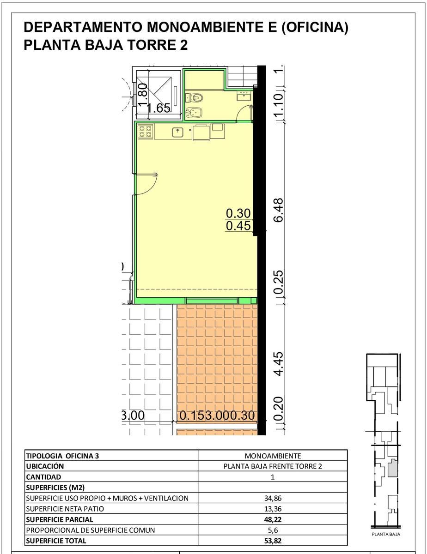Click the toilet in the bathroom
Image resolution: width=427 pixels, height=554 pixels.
click(194, 97)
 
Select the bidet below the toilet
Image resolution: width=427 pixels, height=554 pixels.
click(195, 112)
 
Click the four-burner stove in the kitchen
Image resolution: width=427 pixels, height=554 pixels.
click(146, 132)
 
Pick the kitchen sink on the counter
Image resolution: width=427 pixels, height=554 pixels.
click(177, 132)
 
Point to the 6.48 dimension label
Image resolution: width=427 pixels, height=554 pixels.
click(278, 210)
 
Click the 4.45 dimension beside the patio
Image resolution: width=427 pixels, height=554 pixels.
click(278, 364)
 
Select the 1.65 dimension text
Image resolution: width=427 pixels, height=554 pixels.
click(159, 108)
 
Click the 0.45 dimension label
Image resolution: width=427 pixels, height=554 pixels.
click(238, 226)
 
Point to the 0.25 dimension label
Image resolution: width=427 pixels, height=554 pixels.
click(278, 282)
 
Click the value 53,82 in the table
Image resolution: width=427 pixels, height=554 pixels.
click(273, 541)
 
